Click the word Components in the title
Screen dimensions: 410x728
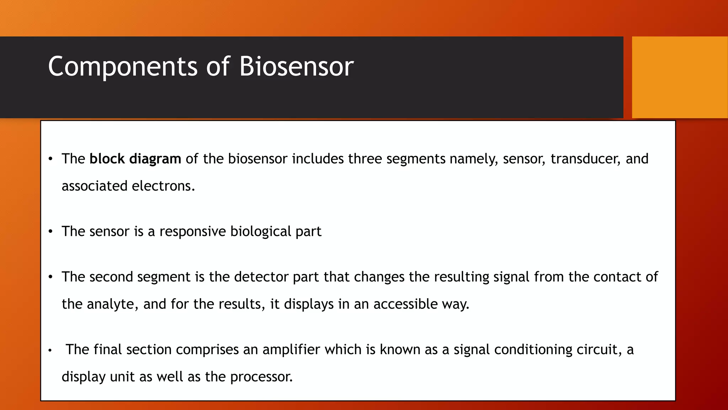122,67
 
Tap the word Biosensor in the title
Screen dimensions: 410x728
296,67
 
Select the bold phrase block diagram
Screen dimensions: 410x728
135,159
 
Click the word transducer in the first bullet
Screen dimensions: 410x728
585,159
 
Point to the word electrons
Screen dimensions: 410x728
163,186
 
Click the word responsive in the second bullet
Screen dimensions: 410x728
192,232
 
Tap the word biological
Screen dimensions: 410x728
261,232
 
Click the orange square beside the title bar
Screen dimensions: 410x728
679,77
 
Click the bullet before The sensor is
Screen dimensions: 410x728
50,232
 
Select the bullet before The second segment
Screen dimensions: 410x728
50,277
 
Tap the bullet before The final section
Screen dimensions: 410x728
50,351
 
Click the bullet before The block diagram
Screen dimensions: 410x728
50,159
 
